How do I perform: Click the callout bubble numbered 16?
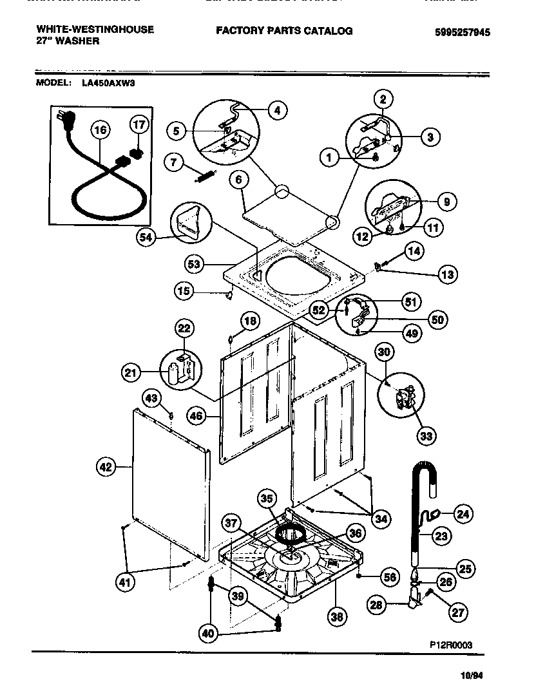pyautogui.click(x=100, y=131)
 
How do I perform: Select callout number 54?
pyautogui.click(x=147, y=238)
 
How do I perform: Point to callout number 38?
pyautogui.click(x=336, y=617)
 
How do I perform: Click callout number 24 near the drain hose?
pyautogui.click(x=462, y=513)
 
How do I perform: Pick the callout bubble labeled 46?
pyautogui.click(x=196, y=416)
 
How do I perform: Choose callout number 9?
pyautogui.click(x=446, y=202)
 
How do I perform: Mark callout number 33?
pyautogui.click(x=426, y=436)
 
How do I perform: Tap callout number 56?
pyautogui.click(x=388, y=578)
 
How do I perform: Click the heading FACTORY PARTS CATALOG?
pyautogui.click(x=284, y=30)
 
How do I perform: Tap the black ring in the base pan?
pyautogui.click(x=291, y=534)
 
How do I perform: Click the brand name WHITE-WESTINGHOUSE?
pyautogui.click(x=95, y=30)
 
